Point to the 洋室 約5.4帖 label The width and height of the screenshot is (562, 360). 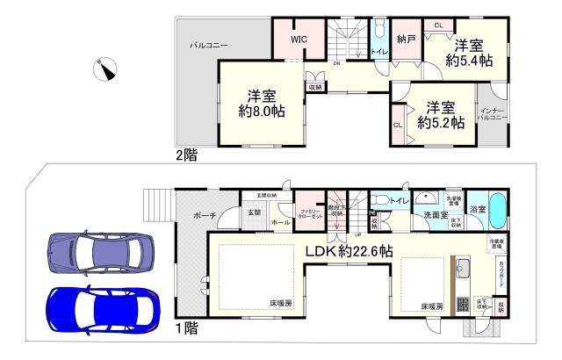(x=468, y=53)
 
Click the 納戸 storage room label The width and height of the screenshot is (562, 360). (x=405, y=40)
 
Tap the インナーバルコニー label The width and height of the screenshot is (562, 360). (x=489, y=112)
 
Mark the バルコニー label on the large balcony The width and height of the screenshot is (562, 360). (x=209, y=43)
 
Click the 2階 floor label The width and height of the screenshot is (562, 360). (x=186, y=155)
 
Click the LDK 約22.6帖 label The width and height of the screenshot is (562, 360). (x=349, y=252)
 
